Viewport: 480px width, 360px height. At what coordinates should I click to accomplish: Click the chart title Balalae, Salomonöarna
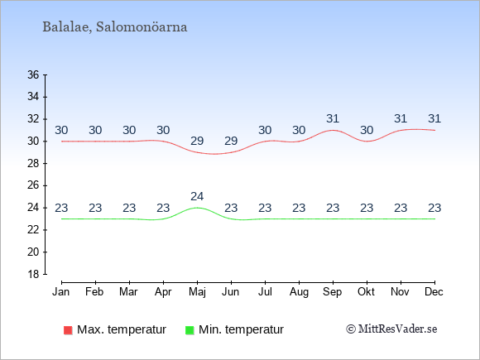click(115, 27)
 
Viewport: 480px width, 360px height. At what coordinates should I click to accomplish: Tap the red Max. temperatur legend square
click(68, 330)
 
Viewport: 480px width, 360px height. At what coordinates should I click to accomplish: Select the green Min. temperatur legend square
click(190, 330)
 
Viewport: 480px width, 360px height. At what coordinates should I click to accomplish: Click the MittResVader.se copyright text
click(391, 329)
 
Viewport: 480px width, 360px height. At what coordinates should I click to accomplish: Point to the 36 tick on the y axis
click(33, 74)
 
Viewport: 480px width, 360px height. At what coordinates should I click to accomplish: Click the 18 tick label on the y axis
click(33, 274)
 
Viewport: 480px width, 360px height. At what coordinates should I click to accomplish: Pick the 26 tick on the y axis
click(33, 185)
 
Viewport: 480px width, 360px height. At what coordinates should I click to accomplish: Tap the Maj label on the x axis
click(197, 292)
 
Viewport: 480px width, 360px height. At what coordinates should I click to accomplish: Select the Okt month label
click(367, 292)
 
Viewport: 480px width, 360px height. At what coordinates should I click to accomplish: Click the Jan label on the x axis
click(61, 292)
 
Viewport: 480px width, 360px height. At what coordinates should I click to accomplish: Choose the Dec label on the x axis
click(434, 292)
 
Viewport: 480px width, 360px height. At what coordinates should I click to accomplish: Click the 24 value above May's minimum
click(197, 196)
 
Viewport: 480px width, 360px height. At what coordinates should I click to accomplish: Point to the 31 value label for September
click(333, 119)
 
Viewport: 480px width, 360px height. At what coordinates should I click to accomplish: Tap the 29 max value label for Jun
click(231, 142)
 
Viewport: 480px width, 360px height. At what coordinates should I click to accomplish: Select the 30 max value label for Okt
click(367, 131)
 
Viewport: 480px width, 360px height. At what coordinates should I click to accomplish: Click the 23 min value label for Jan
click(61, 209)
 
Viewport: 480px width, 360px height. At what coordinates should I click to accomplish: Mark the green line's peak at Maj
click(197, 208)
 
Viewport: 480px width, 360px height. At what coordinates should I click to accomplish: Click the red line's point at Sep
click(333, 130)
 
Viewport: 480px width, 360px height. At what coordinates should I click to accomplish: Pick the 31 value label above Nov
click(401, 119)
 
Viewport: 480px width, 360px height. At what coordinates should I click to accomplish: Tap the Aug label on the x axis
click(299, 292)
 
